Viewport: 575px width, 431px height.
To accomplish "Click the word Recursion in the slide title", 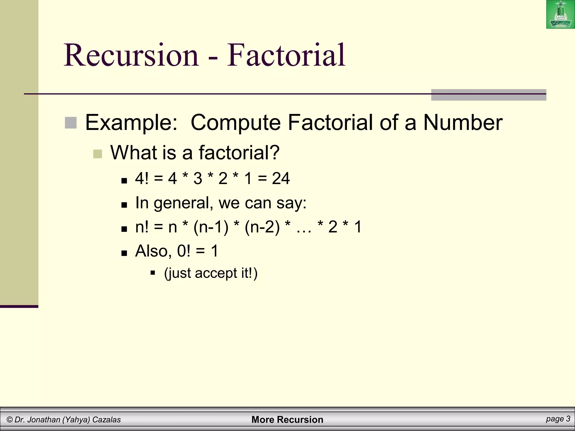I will pos(131,55).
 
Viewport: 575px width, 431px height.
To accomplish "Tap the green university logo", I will pos(560,15).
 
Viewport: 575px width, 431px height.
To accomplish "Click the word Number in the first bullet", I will pos(463,123).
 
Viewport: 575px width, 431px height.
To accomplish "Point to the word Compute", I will pos(235,123).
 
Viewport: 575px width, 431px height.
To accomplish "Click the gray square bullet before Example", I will pos(71,123).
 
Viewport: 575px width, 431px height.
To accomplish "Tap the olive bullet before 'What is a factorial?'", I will pos(97,154).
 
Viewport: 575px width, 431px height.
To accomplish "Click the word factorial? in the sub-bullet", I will pos(239,153).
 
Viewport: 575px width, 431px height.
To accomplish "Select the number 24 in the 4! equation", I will pos(280,178).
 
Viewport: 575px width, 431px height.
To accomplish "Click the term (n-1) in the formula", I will pos(211,227).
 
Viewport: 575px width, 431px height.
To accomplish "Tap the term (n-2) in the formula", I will pos(262,227).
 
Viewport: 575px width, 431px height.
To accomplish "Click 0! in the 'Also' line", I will pos(184,251).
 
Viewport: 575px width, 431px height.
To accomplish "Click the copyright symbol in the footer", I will pos(10,420).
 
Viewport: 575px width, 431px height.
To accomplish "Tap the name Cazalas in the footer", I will pos(107,420).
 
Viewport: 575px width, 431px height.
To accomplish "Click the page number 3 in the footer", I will pos(568,419).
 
